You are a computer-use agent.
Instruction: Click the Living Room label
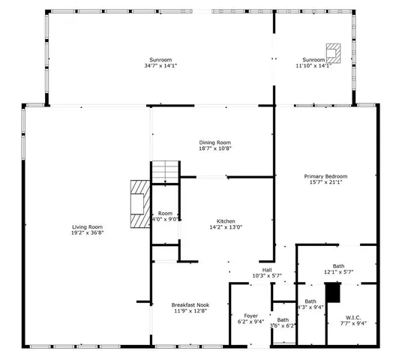pos(87,226)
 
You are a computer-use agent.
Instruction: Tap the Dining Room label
pos(214,142)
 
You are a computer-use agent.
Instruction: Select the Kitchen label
pos(226,221)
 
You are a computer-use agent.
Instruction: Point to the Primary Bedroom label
pos(325,176)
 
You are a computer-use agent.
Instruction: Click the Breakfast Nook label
pos(189,304)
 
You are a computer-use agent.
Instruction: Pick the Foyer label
pos(252,316)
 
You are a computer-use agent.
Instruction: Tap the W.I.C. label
pos(352,317)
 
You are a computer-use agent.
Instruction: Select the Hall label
pos(266,270)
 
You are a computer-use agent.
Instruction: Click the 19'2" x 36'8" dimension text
pos(87,232)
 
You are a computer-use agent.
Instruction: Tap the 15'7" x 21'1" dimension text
pos(325,182)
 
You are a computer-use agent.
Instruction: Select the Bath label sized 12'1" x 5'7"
pos(338,266)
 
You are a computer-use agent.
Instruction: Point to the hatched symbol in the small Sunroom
pos(334,52)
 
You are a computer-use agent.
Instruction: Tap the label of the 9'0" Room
pos(165,214)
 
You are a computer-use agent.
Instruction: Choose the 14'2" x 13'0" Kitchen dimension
pos(226,227)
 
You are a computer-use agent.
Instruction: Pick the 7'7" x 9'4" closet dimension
pos(352,323)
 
